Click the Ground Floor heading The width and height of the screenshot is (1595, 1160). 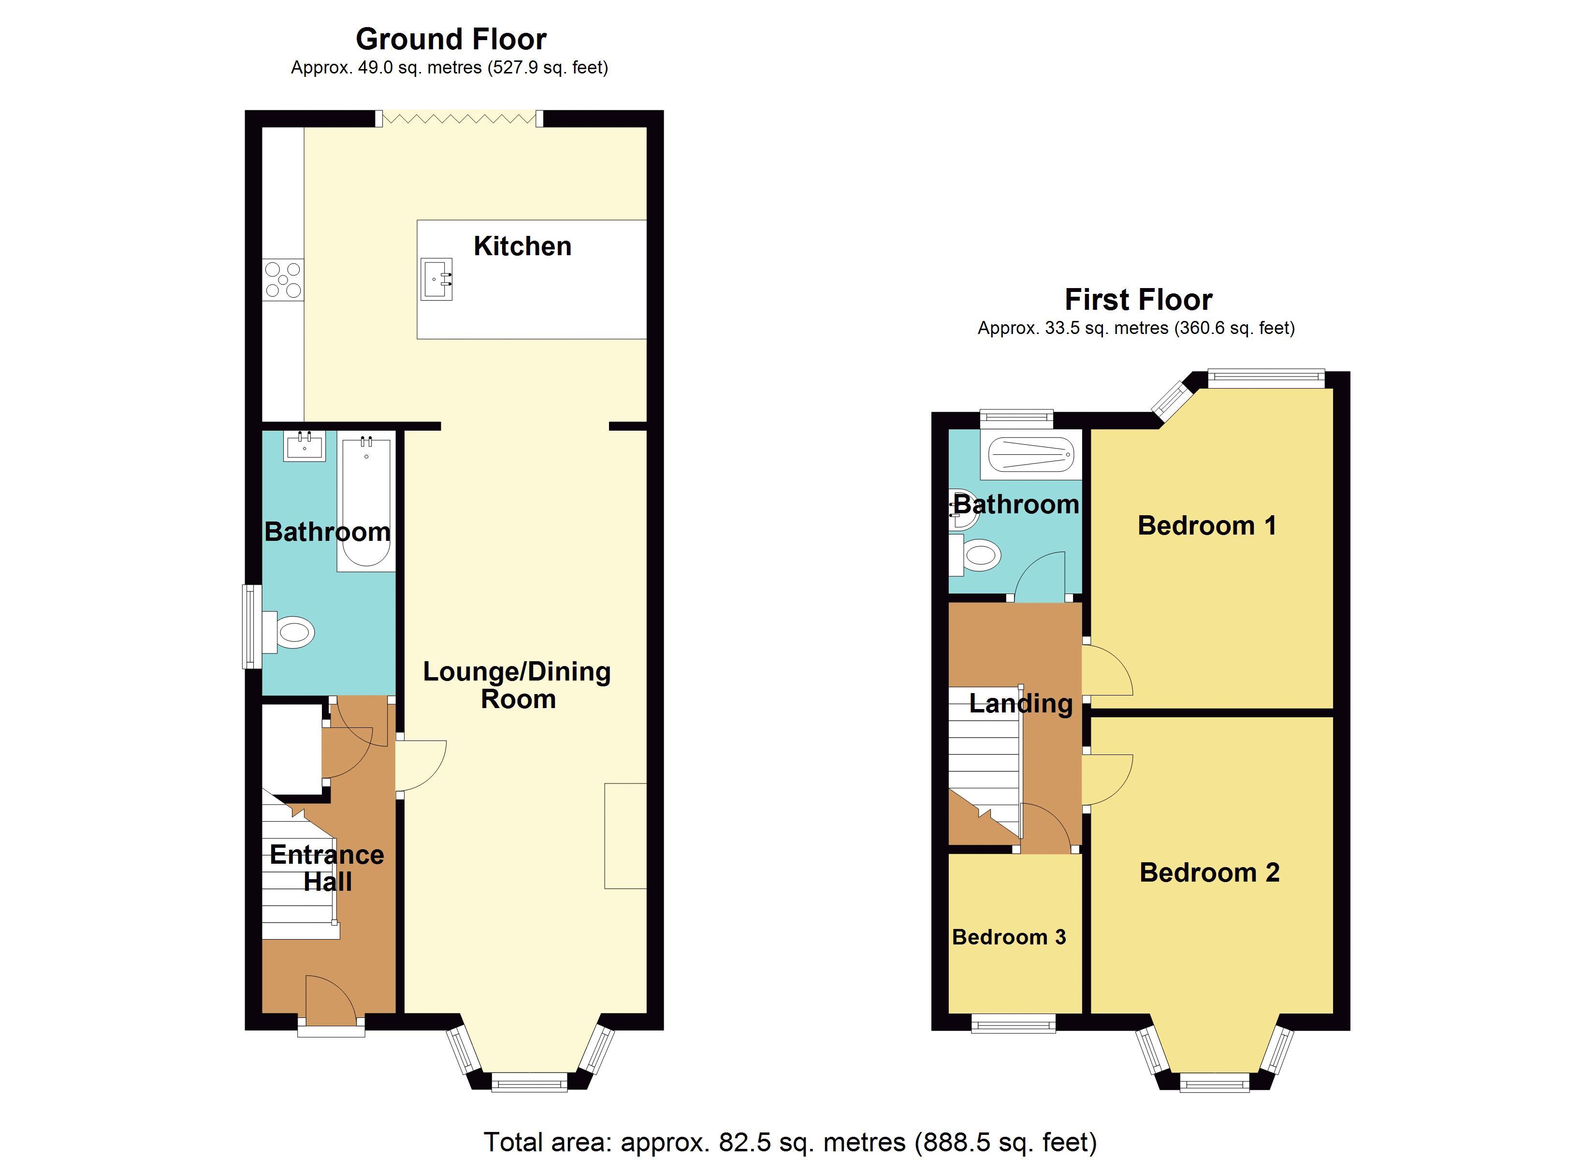(451, 40)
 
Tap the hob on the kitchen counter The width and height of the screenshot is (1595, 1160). (283, 279)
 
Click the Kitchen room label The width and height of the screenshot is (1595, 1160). (522, 246)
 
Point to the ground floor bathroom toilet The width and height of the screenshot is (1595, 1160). (290, 632)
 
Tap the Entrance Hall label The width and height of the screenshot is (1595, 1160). (327, 868)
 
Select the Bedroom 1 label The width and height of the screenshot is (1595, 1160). (1207, 525)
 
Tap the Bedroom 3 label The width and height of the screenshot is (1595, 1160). (1009, 937)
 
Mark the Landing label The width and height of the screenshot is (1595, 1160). (1020, 703)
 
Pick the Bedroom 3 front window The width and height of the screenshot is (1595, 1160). (1014, 1024)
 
